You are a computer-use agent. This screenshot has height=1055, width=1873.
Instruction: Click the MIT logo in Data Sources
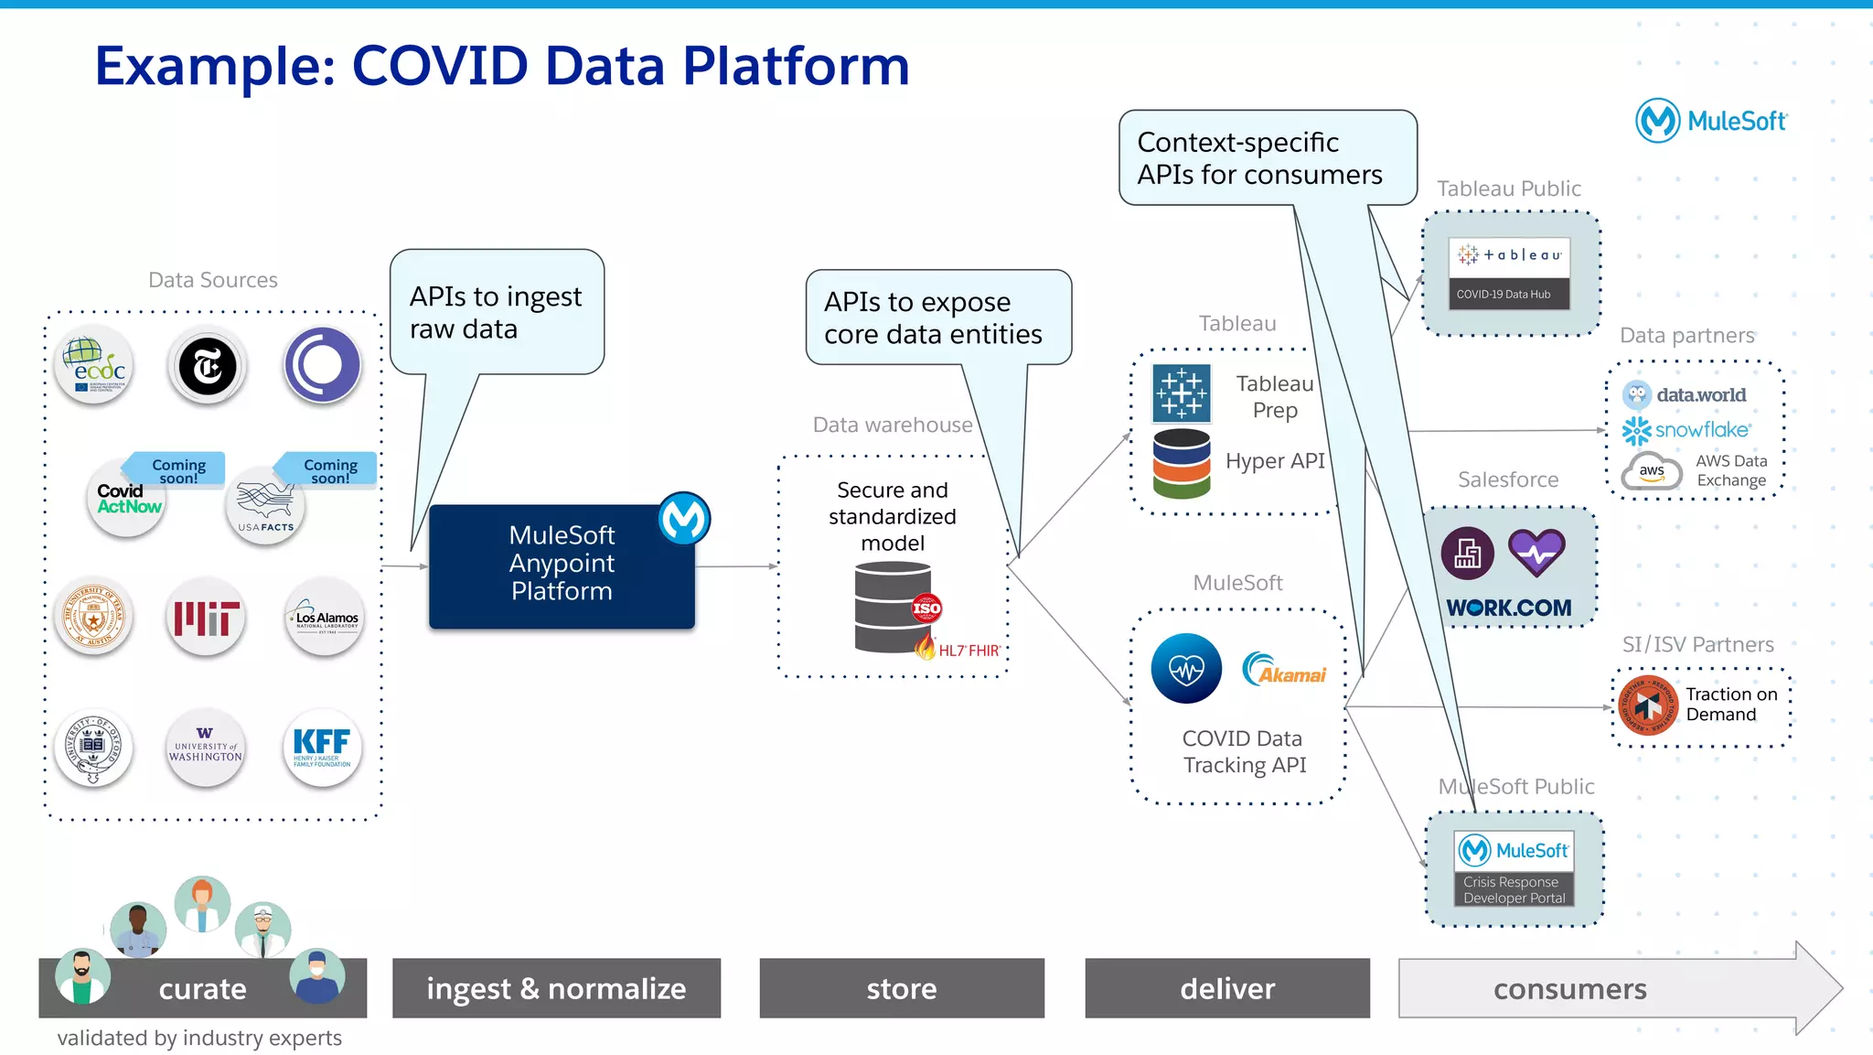tap(207, 619)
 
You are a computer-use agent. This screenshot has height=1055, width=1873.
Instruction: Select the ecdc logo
tap(94, 366)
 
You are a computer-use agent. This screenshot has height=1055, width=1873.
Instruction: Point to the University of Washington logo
tap(206, 748)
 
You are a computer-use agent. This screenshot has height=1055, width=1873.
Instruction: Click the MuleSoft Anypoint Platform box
tap(562, 565)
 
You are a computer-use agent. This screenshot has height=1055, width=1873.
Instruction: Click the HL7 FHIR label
tap(968, 651)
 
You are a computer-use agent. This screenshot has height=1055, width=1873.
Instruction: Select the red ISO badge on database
tap(926, 608)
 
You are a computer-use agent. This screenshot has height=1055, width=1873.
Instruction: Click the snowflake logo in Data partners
tap(1687, 430)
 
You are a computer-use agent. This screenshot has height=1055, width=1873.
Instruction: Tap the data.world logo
tap(1685, 395)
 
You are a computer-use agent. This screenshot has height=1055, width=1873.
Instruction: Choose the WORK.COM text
tap(1508, 608)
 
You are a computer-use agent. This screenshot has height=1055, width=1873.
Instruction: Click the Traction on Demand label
tap(1730, 705)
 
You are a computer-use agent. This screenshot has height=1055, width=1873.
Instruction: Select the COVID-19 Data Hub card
tap(1509, 274)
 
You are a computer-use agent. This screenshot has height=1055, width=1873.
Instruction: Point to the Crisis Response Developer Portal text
tap(1514, 889)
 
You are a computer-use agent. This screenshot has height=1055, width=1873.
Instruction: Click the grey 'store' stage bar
tap(901, 988)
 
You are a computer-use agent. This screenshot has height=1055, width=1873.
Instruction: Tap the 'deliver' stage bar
tap(1226, 988)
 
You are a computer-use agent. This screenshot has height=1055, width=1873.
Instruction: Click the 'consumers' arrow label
tap(1569, 989)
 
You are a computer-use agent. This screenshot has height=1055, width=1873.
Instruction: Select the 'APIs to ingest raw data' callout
tap(497, 312)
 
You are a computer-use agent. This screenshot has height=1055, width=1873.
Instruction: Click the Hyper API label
tap(1274, 461)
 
